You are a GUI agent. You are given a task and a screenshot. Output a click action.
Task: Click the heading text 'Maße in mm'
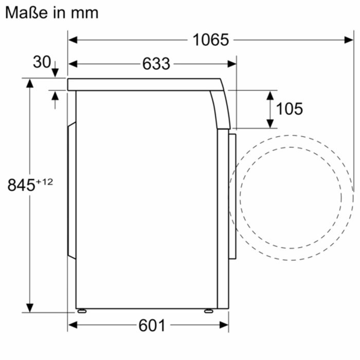[51, 12]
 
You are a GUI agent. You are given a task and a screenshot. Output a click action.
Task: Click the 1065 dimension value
[210, 40]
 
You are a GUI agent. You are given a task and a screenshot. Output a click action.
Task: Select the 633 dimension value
[156, 64]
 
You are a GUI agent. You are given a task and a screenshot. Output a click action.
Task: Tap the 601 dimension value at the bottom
[152, 325]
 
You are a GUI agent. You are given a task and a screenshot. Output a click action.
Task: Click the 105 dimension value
[290, 109]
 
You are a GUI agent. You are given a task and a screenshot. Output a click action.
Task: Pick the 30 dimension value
[42, 62]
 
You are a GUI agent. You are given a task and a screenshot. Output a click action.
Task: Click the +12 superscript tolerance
[45, 181]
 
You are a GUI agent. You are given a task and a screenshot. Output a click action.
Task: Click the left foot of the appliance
[81, 311]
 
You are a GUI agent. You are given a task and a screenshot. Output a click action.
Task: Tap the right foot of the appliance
[208, 311]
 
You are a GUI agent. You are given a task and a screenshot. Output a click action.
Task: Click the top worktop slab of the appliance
[144, 84]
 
